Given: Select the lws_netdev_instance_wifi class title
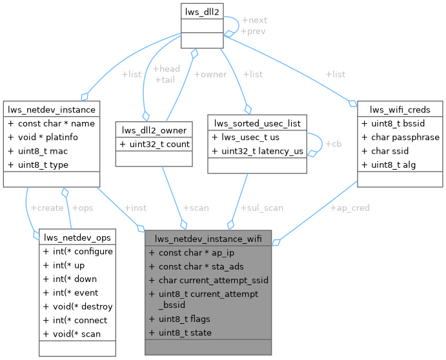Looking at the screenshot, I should tap(208, 237).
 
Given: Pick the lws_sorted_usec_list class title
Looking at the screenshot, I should tap(257, 123).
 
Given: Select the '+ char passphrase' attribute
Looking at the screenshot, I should tap(400, 137).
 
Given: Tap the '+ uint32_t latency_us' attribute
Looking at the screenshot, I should tap(257, 151).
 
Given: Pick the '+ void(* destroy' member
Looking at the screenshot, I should tap(77, 306).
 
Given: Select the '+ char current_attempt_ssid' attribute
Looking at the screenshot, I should tap(208, 280).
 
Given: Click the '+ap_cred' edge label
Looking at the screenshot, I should tap(350, 208).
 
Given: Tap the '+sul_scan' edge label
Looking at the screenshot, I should tap(261, 208).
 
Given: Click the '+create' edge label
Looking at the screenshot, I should tap(46, 208).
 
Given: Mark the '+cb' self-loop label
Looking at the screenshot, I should tap(333, 143).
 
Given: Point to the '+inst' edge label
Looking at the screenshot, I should tap(134, 208).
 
